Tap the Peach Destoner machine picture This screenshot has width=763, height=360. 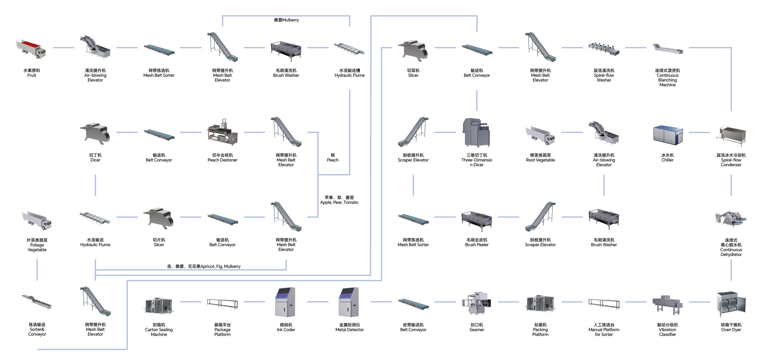coord(223,133)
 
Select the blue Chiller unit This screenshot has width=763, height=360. coord(668,135)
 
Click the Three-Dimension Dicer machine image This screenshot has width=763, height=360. coord(476,132)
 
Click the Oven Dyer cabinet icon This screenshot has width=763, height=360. coord(731,304)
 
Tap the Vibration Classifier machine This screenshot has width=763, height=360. coord(667,304)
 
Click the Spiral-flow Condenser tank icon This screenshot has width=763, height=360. coord(731,136)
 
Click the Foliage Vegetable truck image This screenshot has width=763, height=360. coord(37,220)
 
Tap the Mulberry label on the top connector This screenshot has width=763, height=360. coord(286,20)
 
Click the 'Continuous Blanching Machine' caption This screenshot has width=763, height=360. coord(667,78)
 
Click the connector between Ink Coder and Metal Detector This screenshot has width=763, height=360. coord(318,302)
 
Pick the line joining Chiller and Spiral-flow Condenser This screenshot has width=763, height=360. coord(699,132)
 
